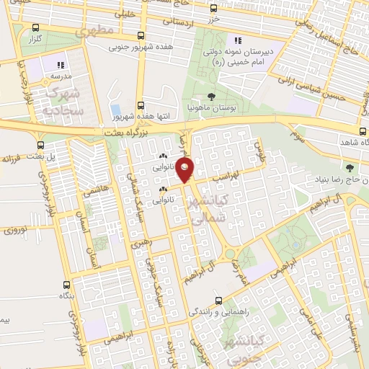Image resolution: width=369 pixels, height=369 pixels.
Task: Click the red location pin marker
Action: (186, 170)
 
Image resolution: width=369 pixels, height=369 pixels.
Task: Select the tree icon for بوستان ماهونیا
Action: (210, 96)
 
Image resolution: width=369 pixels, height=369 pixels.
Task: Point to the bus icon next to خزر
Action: (213, 9)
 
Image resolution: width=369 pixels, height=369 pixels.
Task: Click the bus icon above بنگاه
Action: (66, 285)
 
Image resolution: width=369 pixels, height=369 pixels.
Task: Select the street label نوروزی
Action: (15, 230)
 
